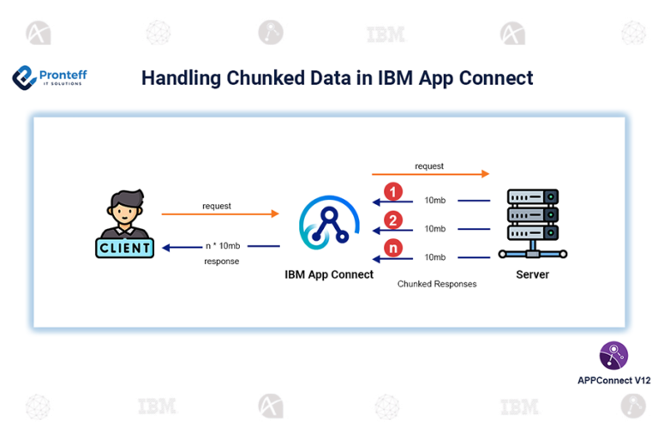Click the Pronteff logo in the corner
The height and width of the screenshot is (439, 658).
(x=49, y=78)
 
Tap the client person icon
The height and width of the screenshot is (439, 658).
(x=125, y=214)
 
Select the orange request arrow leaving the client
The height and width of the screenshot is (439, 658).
(x=220, y=213)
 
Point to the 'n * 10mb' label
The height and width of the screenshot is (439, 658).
(x=222, y=245)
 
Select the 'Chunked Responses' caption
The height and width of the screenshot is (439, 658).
(x=437, y=283)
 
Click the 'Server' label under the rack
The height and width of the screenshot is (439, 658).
(x=532, y=274)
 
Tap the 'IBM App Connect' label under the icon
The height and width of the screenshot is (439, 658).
(x=329, y=274)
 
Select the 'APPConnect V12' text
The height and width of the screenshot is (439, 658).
(x=613, y=379)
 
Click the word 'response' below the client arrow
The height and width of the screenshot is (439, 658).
(x=221, y=261)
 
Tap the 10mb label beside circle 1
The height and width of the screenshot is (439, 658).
(x=435, y=201)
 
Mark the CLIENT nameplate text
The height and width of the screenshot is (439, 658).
(x=125, y=249)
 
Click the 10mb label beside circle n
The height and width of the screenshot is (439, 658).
(x=435, y=257)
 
